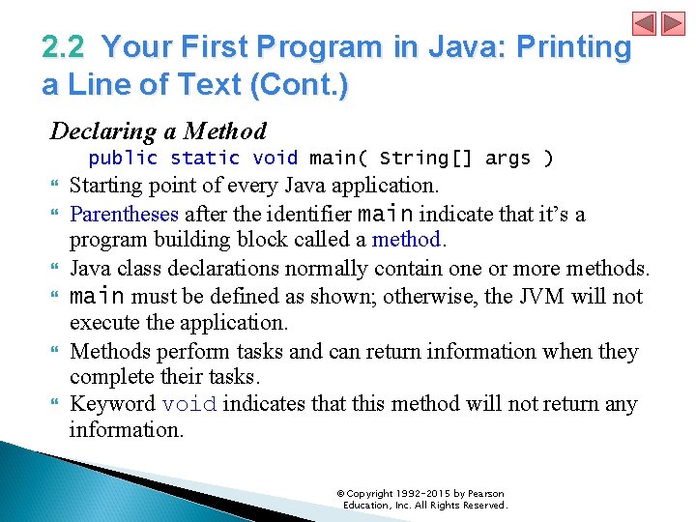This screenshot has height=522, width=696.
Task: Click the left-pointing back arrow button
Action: tap(645, 23)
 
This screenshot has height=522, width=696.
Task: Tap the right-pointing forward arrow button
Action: tap(673, 23)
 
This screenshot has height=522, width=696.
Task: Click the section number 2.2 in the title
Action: tap(64, 47)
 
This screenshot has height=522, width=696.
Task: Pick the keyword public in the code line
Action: tap(123, 158)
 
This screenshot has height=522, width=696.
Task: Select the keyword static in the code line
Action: tap(205, 158)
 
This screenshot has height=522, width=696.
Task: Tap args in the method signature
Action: tap(507, 158)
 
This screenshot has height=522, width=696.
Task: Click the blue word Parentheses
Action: tap(124, 214)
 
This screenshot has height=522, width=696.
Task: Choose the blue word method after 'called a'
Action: tap(406, 239)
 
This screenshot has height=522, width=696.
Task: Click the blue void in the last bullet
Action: tap(188, 404)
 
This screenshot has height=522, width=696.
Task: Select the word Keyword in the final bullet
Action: tap(112, 404)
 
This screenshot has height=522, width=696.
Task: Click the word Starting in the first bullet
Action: tap(106, 185)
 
